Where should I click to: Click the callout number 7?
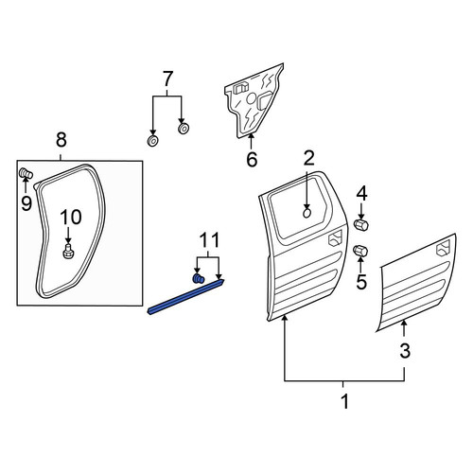click(167, 79)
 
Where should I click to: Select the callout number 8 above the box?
click(61, 140)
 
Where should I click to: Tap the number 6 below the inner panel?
click(252, 159)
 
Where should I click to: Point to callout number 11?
click(208, 240)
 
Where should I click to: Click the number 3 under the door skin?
click(405, 351)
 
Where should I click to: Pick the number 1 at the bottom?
click(345, 401)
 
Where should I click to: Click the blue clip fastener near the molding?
click(198, 278)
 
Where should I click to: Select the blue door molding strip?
click(186, 296)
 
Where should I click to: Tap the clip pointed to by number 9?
click(26, 173)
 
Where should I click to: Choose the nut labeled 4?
click(361, 225)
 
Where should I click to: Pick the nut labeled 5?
click(360, 251)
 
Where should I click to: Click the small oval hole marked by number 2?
click(307, 214)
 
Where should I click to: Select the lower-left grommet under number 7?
click(152, 141)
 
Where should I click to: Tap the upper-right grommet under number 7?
click(184, 129)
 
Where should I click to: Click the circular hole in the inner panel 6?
click(252, 98)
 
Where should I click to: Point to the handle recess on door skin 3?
click(443, 248)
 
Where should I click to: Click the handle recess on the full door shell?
click(335, 238)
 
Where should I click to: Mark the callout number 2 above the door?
click(308, 158)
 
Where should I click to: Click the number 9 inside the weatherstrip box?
click(26, 203)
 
